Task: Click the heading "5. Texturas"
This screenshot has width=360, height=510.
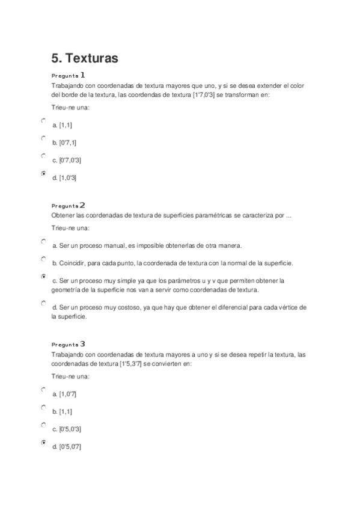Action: (x=84, y=58)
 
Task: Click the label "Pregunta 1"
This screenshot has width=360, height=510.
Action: (x=69, y=76)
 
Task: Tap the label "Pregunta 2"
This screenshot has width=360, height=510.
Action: (x=69, y=206)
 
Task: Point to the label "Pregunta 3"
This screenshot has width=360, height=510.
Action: (x=69, y=345)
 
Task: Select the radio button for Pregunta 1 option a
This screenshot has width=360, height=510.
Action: (x=43, y=121)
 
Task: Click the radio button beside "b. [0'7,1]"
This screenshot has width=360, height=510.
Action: (x=43, y=138)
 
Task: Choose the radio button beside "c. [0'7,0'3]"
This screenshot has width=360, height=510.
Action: (x=43, y=156)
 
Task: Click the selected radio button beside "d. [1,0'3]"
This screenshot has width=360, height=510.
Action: (x=43, y=174)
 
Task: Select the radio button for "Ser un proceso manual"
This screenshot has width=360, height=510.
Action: (x=43, y=241)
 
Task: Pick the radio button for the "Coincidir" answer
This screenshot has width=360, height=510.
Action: (x=43, y=259)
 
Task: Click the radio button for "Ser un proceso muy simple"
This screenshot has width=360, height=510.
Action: (x=43, y=277)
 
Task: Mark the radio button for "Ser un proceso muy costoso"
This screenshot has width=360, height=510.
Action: (x=43, y=303)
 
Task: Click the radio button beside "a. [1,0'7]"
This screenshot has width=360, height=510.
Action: (x=43, y=390)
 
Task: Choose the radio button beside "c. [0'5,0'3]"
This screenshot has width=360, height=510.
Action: (x=43, y=425)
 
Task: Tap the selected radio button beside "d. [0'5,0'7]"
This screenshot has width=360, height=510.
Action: (x=43, y=443)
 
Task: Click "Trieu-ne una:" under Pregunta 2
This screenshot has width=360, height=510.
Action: (x=71, y=229)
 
